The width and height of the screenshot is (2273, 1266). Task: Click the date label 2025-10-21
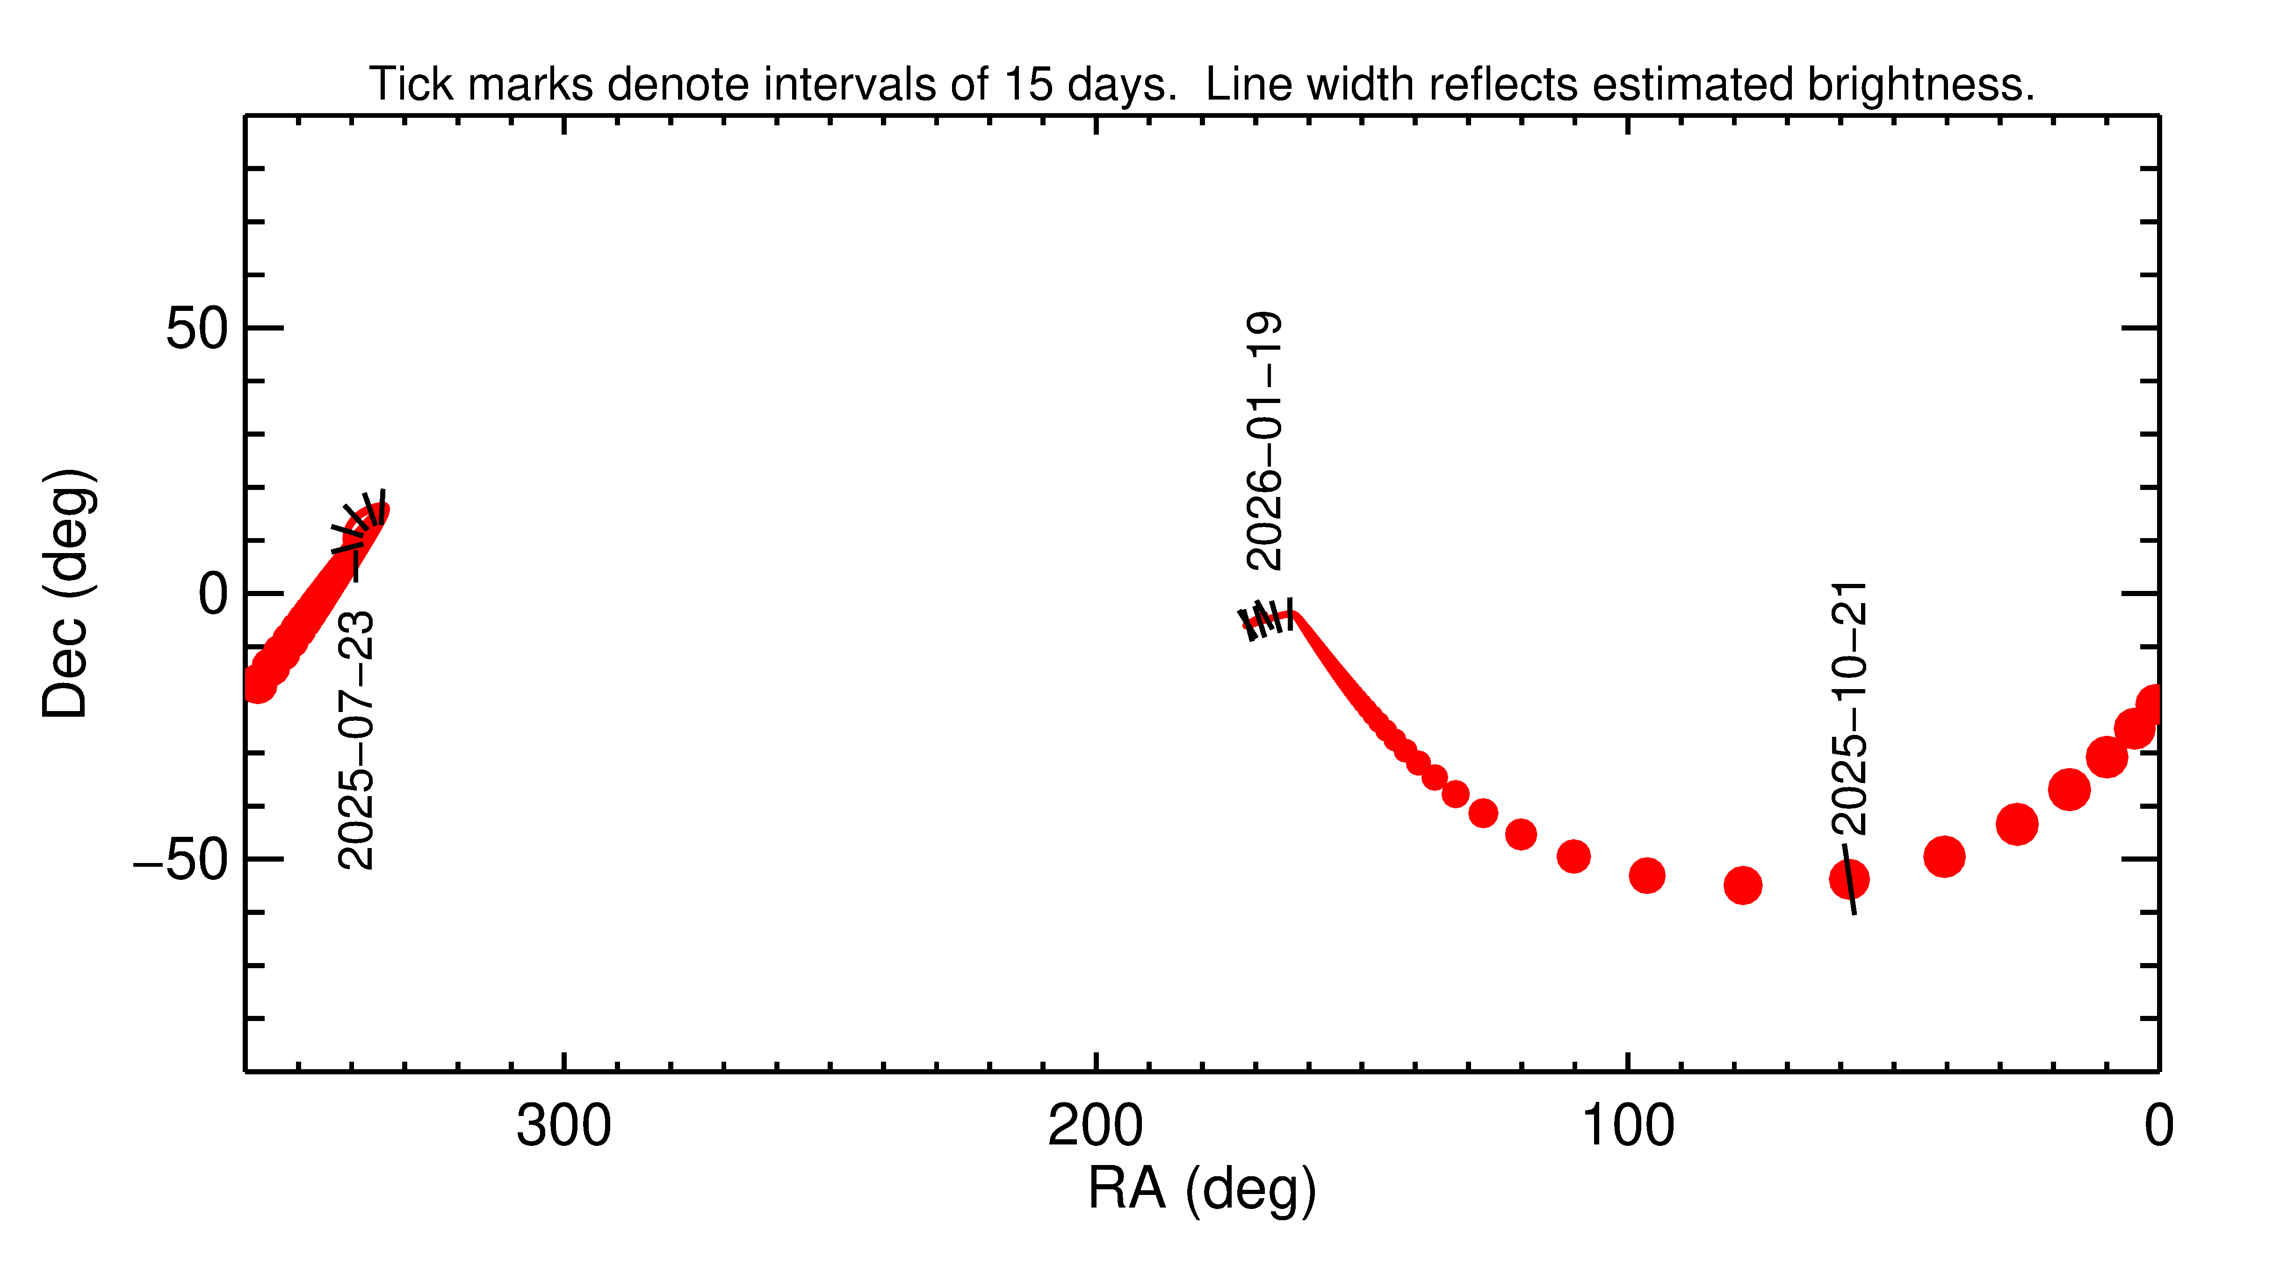pos(1848,708)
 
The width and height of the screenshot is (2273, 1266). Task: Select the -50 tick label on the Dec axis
pos(181,860)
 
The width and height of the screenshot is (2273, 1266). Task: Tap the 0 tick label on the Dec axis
pos(214,596)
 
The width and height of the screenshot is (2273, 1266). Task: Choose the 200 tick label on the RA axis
pos(1095,1127)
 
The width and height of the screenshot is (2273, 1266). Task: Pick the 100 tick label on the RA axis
pos(1626,1127)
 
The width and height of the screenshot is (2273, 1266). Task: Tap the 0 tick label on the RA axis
pos(2158,1127)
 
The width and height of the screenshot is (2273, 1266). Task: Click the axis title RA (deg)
pos(1202,1189)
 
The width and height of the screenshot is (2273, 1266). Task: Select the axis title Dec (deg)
pos(66,594)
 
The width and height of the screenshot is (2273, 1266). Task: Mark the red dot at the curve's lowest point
pos(1743,885)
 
